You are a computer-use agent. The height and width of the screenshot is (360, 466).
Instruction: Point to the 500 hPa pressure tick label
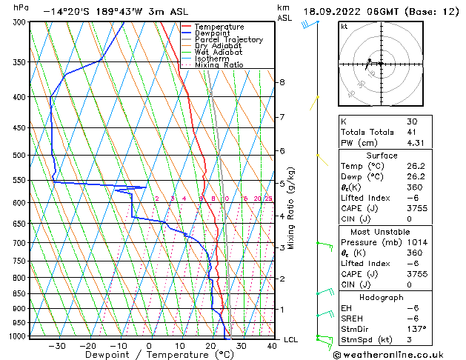click(x=20, y=156)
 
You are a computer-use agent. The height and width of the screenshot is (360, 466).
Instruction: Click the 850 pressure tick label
click(x=20, y=293)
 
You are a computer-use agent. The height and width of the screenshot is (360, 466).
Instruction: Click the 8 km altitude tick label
click(x=282, y=82)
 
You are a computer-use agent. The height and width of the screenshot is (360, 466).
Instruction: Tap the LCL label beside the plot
click(x=291, y=340)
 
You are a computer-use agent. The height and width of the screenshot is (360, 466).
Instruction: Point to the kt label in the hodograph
click(x=344, y=26)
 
